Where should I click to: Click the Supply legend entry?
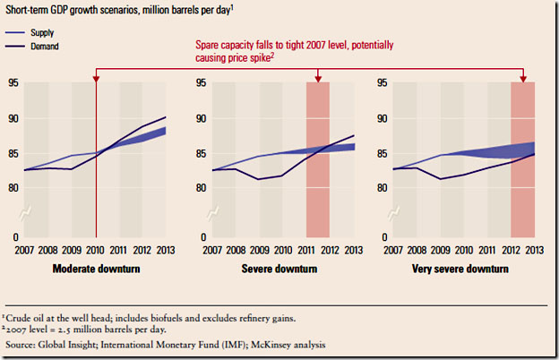(x=47, y=31)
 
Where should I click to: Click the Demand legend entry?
(x=48, y=45)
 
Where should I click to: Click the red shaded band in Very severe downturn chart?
(x=523, y=161)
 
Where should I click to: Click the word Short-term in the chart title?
(x=33, y=11)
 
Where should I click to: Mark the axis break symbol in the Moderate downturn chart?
(x=27, y=212)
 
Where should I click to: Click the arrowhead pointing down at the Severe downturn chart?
(x=319, y=79)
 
